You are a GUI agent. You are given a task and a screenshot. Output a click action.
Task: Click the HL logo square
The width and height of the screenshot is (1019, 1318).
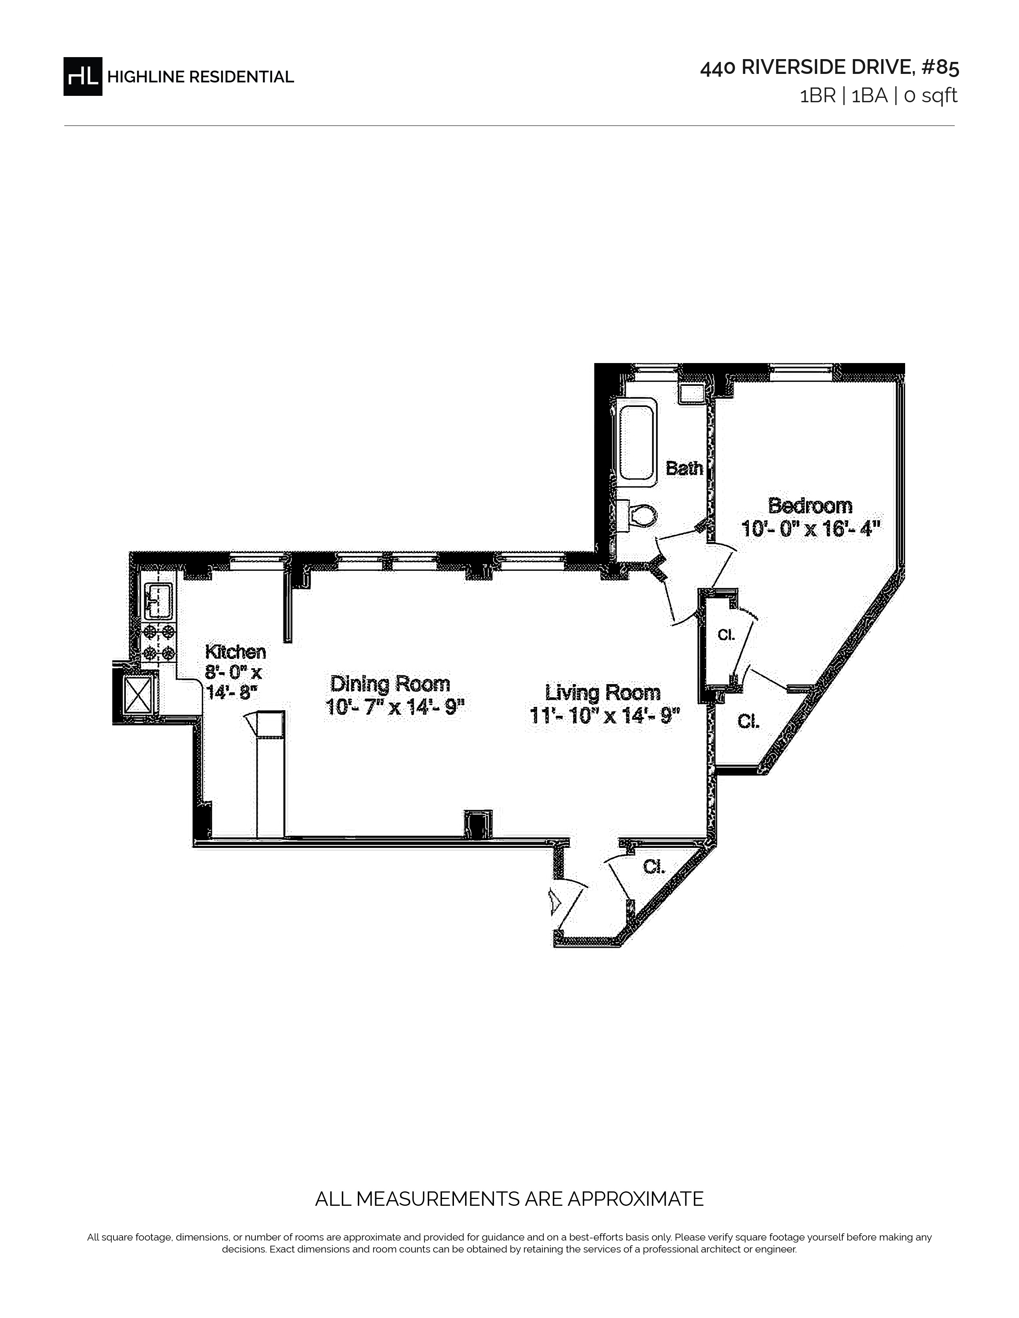83,76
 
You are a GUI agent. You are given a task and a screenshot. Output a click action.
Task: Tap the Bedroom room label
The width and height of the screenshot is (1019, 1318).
810,505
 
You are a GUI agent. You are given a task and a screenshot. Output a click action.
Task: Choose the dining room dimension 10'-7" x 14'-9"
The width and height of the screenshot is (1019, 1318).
395,706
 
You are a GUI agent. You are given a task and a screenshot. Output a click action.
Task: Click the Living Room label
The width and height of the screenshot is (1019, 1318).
603,692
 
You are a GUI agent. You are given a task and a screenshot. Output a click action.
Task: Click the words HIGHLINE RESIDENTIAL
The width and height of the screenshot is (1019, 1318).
201,77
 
